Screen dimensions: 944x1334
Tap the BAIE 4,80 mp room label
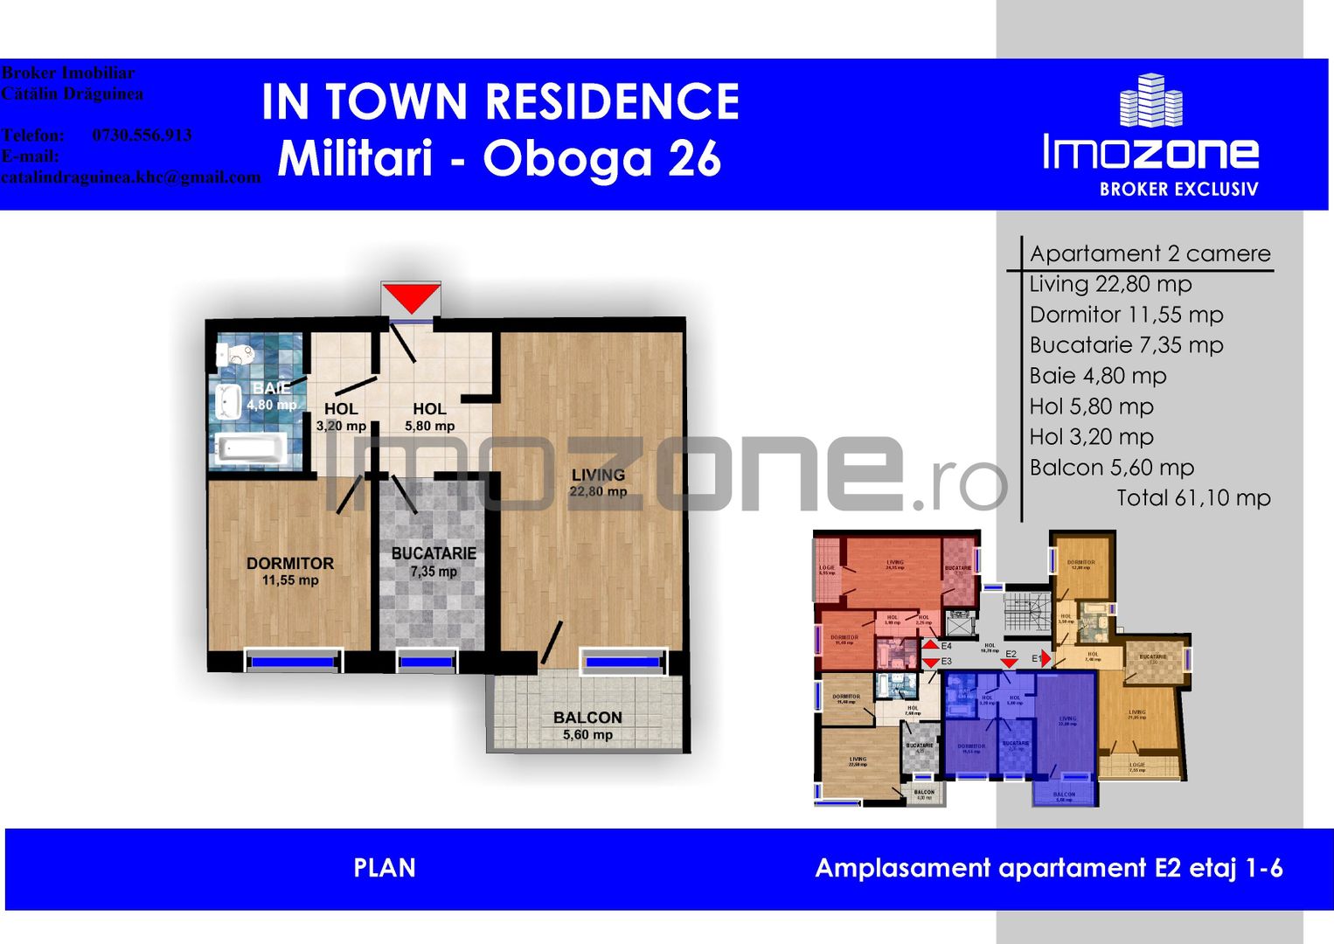(x=271, y=396)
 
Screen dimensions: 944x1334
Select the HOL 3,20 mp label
(x=341, y=417)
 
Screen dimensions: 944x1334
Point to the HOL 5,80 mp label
(x=429, y=417)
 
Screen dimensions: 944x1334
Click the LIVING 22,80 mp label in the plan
(x=598, y=482)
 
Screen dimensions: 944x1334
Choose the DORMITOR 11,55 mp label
(x=290, y=572)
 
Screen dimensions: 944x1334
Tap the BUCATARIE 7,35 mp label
(x=434, y=562)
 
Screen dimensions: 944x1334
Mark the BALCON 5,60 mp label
(x=587, y=725)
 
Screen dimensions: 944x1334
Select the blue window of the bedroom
(x=292, y=663)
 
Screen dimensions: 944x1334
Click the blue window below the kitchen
(x=426, y=663)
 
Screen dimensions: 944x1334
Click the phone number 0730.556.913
(x=142, y=135)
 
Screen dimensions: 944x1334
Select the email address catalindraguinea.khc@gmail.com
(x=131, y=177)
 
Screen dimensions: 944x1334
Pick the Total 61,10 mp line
(x=1193, y=498)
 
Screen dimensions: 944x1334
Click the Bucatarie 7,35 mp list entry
(x=1126, y=345)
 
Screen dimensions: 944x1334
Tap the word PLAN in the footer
(x=385, y=868)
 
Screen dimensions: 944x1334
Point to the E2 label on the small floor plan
(x=1011, y=654)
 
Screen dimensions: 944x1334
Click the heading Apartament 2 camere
(x=1150, y=253)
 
